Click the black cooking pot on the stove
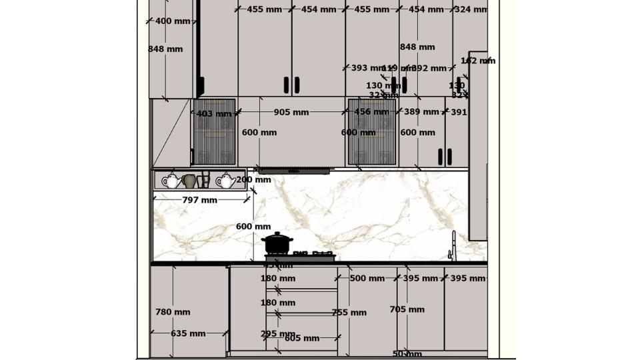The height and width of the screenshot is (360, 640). tap(277, 243)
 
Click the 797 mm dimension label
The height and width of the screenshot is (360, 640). tap(200, 200)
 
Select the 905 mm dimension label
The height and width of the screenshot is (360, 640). tap(291, 113)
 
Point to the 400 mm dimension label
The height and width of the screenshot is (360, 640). tap(173, 21)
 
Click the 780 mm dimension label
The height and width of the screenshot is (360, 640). tap(173, 312)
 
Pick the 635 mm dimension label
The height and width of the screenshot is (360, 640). tap(188, 334)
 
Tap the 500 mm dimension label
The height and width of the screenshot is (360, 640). tap(367, 279)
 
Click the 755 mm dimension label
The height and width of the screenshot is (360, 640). tap(349, 313)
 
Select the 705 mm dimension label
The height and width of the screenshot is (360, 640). tap(407, 309)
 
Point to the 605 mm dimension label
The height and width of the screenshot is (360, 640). tap(302, 339)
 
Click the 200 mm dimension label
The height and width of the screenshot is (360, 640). tap(253, 179)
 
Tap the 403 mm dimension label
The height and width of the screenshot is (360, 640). tap(214, 114)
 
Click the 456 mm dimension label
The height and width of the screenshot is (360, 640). tap(371, 112)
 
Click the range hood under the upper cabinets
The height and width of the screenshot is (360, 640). tap(294, 171)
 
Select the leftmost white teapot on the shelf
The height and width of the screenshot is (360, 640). tap(171, 181)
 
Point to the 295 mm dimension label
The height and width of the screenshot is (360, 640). tap(277, 334)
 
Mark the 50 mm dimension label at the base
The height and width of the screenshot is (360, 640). tap(407, 355)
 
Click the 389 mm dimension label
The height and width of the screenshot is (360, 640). tap(421, 112)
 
